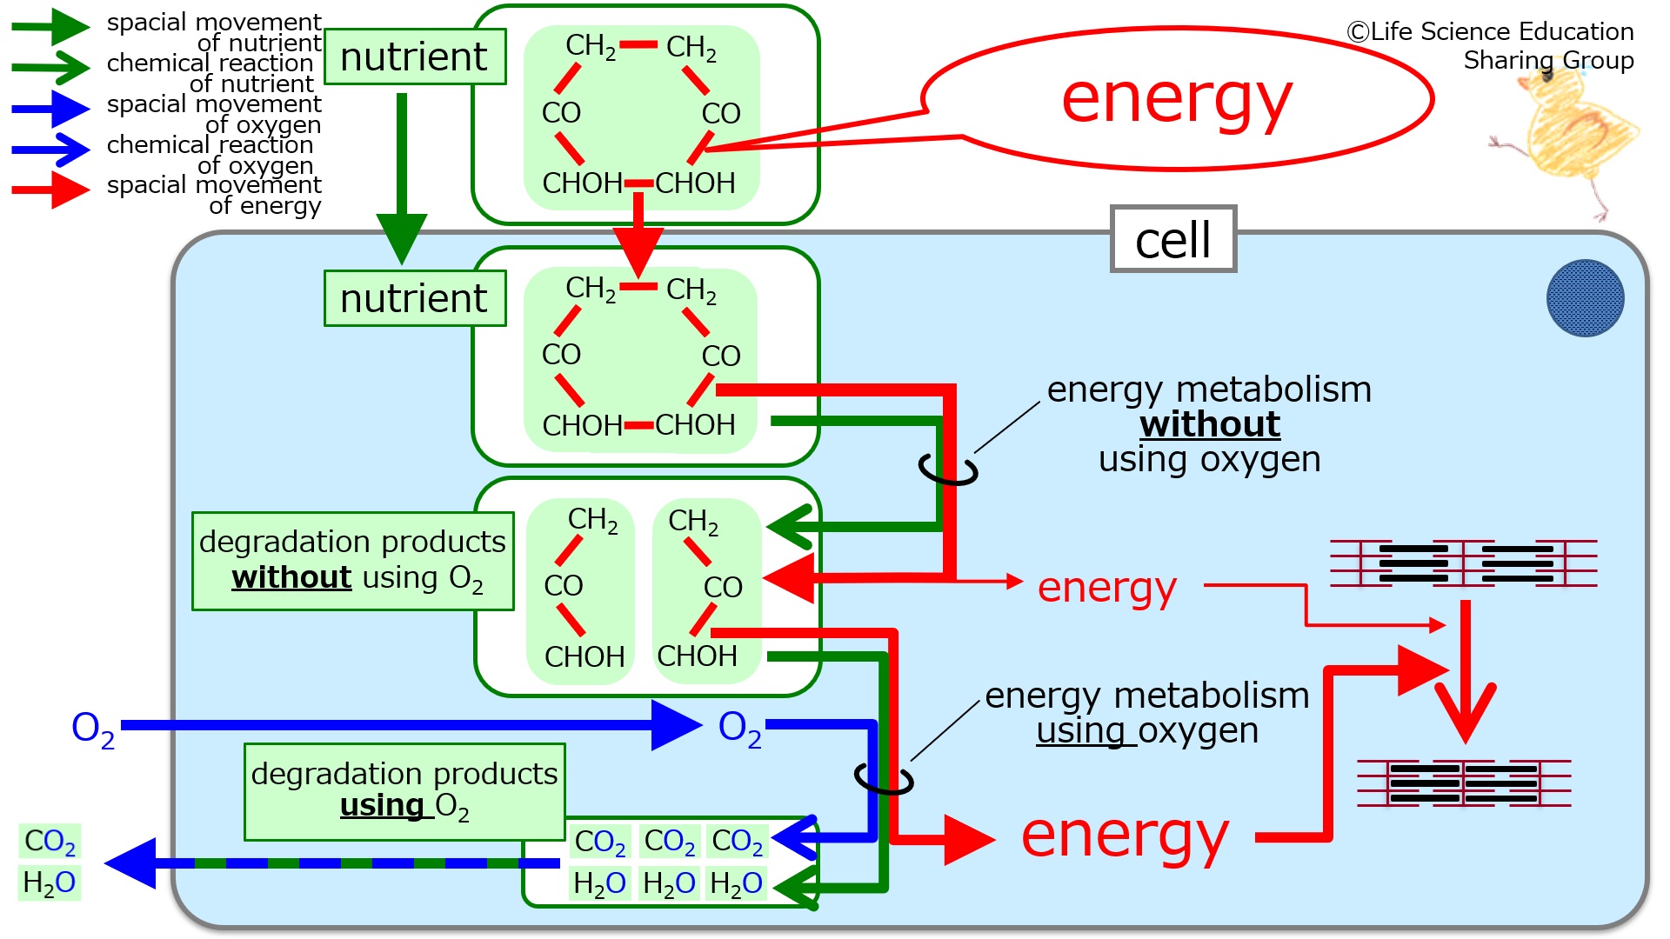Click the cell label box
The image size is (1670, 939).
pos(1173,239)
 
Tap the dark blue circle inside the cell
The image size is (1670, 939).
pos(1585,298)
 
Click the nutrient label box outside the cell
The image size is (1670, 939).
pos(415,57)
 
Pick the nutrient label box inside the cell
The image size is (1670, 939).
pos(415,298)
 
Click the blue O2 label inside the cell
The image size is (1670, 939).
pos(740,729)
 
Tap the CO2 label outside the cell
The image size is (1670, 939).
pos(50,842)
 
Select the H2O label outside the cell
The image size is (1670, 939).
pos(50,882)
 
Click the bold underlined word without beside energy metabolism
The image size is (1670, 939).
pos(1210,424)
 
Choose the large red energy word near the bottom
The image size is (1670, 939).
pos(1125,836)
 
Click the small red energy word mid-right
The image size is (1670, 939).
pos(1106,589)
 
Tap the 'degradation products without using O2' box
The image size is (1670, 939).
pos(353,561)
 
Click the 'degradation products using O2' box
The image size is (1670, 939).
pos(404,791)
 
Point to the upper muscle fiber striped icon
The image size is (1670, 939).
pos(1464,563)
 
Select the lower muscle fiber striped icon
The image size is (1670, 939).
pos(1464,782)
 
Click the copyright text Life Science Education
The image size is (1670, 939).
pos(1490,32)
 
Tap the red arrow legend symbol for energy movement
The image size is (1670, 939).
pos(50,190)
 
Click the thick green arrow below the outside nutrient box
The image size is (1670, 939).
pos(402,178)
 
